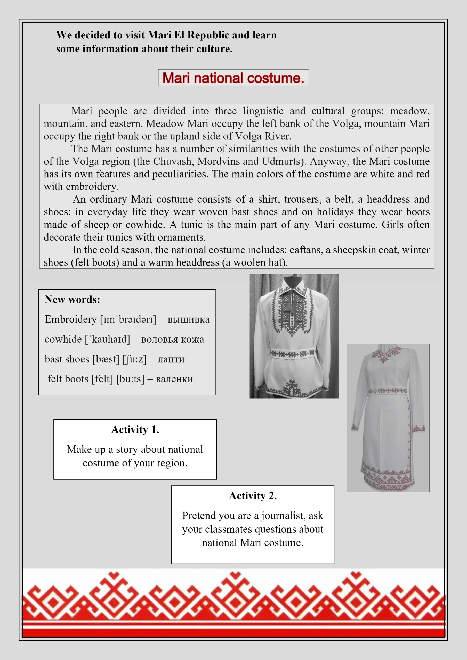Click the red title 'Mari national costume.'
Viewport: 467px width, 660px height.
(x=233, y=78)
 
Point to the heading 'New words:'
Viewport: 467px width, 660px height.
(x=72, y=300)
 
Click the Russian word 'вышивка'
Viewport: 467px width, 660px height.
(x=188, y=319)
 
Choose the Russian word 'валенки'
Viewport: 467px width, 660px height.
(x=174, y=379)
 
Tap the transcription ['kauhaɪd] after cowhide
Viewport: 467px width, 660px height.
(x=107, y=339)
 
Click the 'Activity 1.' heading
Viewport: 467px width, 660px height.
(x=135, y=430)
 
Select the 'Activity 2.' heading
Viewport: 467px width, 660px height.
(x=253, y=496)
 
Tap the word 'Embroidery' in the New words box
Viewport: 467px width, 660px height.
(x=70, y=319)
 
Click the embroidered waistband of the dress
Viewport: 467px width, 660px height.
(x=388, y=391)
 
